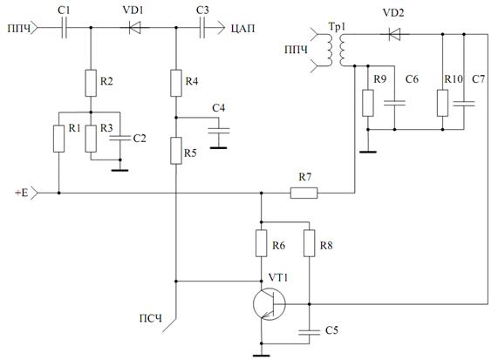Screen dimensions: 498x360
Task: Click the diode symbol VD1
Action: coord(134,28)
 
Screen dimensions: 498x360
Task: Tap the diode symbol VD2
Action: coord(394,34)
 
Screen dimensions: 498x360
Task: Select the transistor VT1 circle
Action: coord(269,304)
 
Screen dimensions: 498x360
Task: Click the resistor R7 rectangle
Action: coord(304,193)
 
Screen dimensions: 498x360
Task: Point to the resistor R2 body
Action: coord(91,83)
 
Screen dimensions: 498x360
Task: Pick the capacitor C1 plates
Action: coord(65,28)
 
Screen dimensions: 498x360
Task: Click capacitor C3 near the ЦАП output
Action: coord(202,28)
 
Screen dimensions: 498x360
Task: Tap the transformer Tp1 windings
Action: coord(336,50)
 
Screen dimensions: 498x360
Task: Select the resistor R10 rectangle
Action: coord(442,103)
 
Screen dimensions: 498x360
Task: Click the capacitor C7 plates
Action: coord(464,103)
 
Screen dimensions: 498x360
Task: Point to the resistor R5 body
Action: coord(176,151)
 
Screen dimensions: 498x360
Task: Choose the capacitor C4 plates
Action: coord(219,130)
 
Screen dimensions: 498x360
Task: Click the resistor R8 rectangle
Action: coord(310,243)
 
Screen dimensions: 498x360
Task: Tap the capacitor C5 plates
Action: coord(310,332)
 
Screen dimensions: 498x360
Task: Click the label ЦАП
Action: coord(242,29)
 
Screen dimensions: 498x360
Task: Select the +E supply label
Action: coord(22,193)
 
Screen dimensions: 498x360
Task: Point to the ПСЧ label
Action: coord(151,318)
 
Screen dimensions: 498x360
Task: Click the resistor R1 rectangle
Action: coord(58,139)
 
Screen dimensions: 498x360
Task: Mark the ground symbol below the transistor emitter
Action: coord(262,356)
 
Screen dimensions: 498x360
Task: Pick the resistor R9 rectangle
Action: coord(368,103)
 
